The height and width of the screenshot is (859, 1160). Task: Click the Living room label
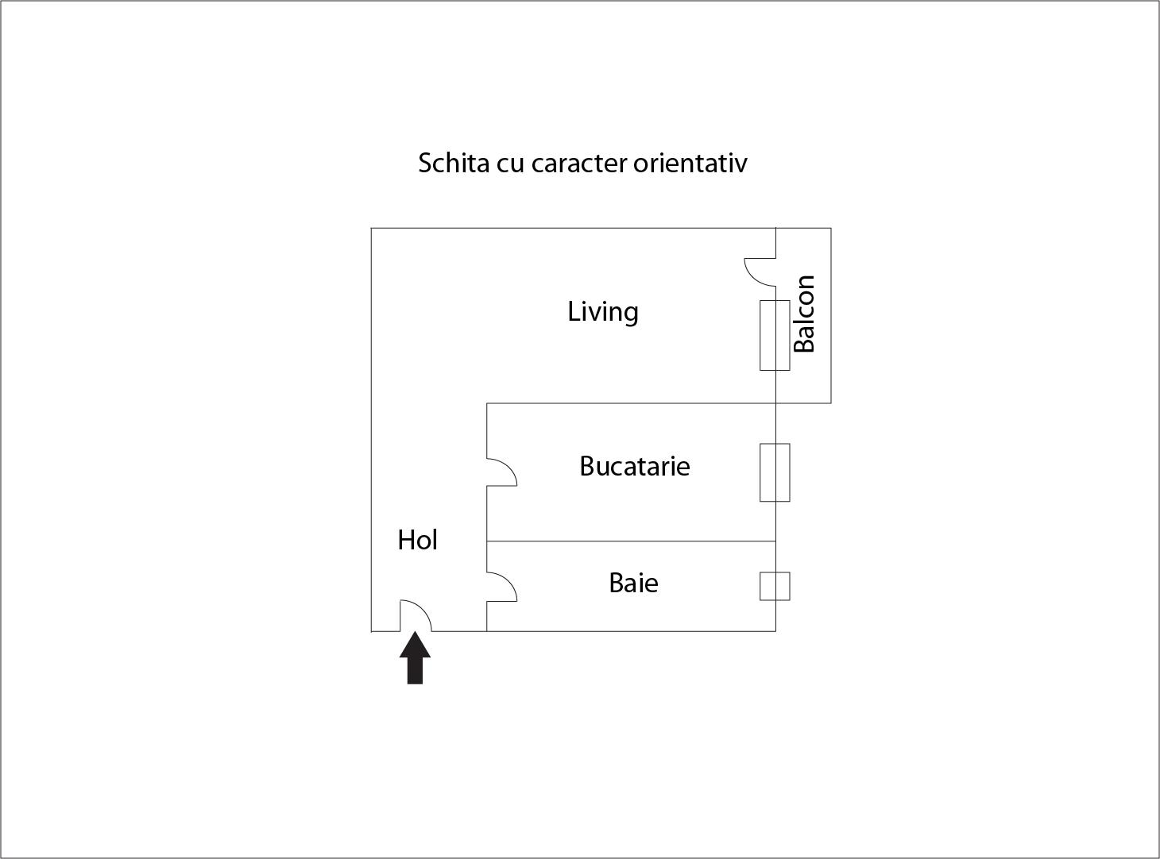tap(603, 312)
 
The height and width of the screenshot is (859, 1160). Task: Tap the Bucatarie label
tap(634, 466)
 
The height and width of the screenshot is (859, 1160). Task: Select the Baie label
tap(633, 583)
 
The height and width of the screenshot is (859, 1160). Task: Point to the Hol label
tap(417, 540)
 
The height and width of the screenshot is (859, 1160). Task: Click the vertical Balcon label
tap(804, 314)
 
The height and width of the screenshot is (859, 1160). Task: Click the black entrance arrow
tap(415, 657)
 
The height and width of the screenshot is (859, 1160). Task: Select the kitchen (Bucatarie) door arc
tap(509, 467)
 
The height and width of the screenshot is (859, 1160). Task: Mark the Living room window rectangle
tap(775, 336)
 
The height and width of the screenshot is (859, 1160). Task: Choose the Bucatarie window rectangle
tap(775, 472)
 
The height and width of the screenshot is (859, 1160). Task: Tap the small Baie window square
tap(775, 586)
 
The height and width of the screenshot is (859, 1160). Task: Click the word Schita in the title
tap(454, 163)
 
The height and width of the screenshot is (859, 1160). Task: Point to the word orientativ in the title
tap(690, 163)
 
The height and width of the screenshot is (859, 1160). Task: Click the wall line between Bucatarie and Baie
tap(632, 541)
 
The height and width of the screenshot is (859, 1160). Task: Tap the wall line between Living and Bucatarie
tap(632, 403)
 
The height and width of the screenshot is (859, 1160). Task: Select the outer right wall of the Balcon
tap(831, 315)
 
